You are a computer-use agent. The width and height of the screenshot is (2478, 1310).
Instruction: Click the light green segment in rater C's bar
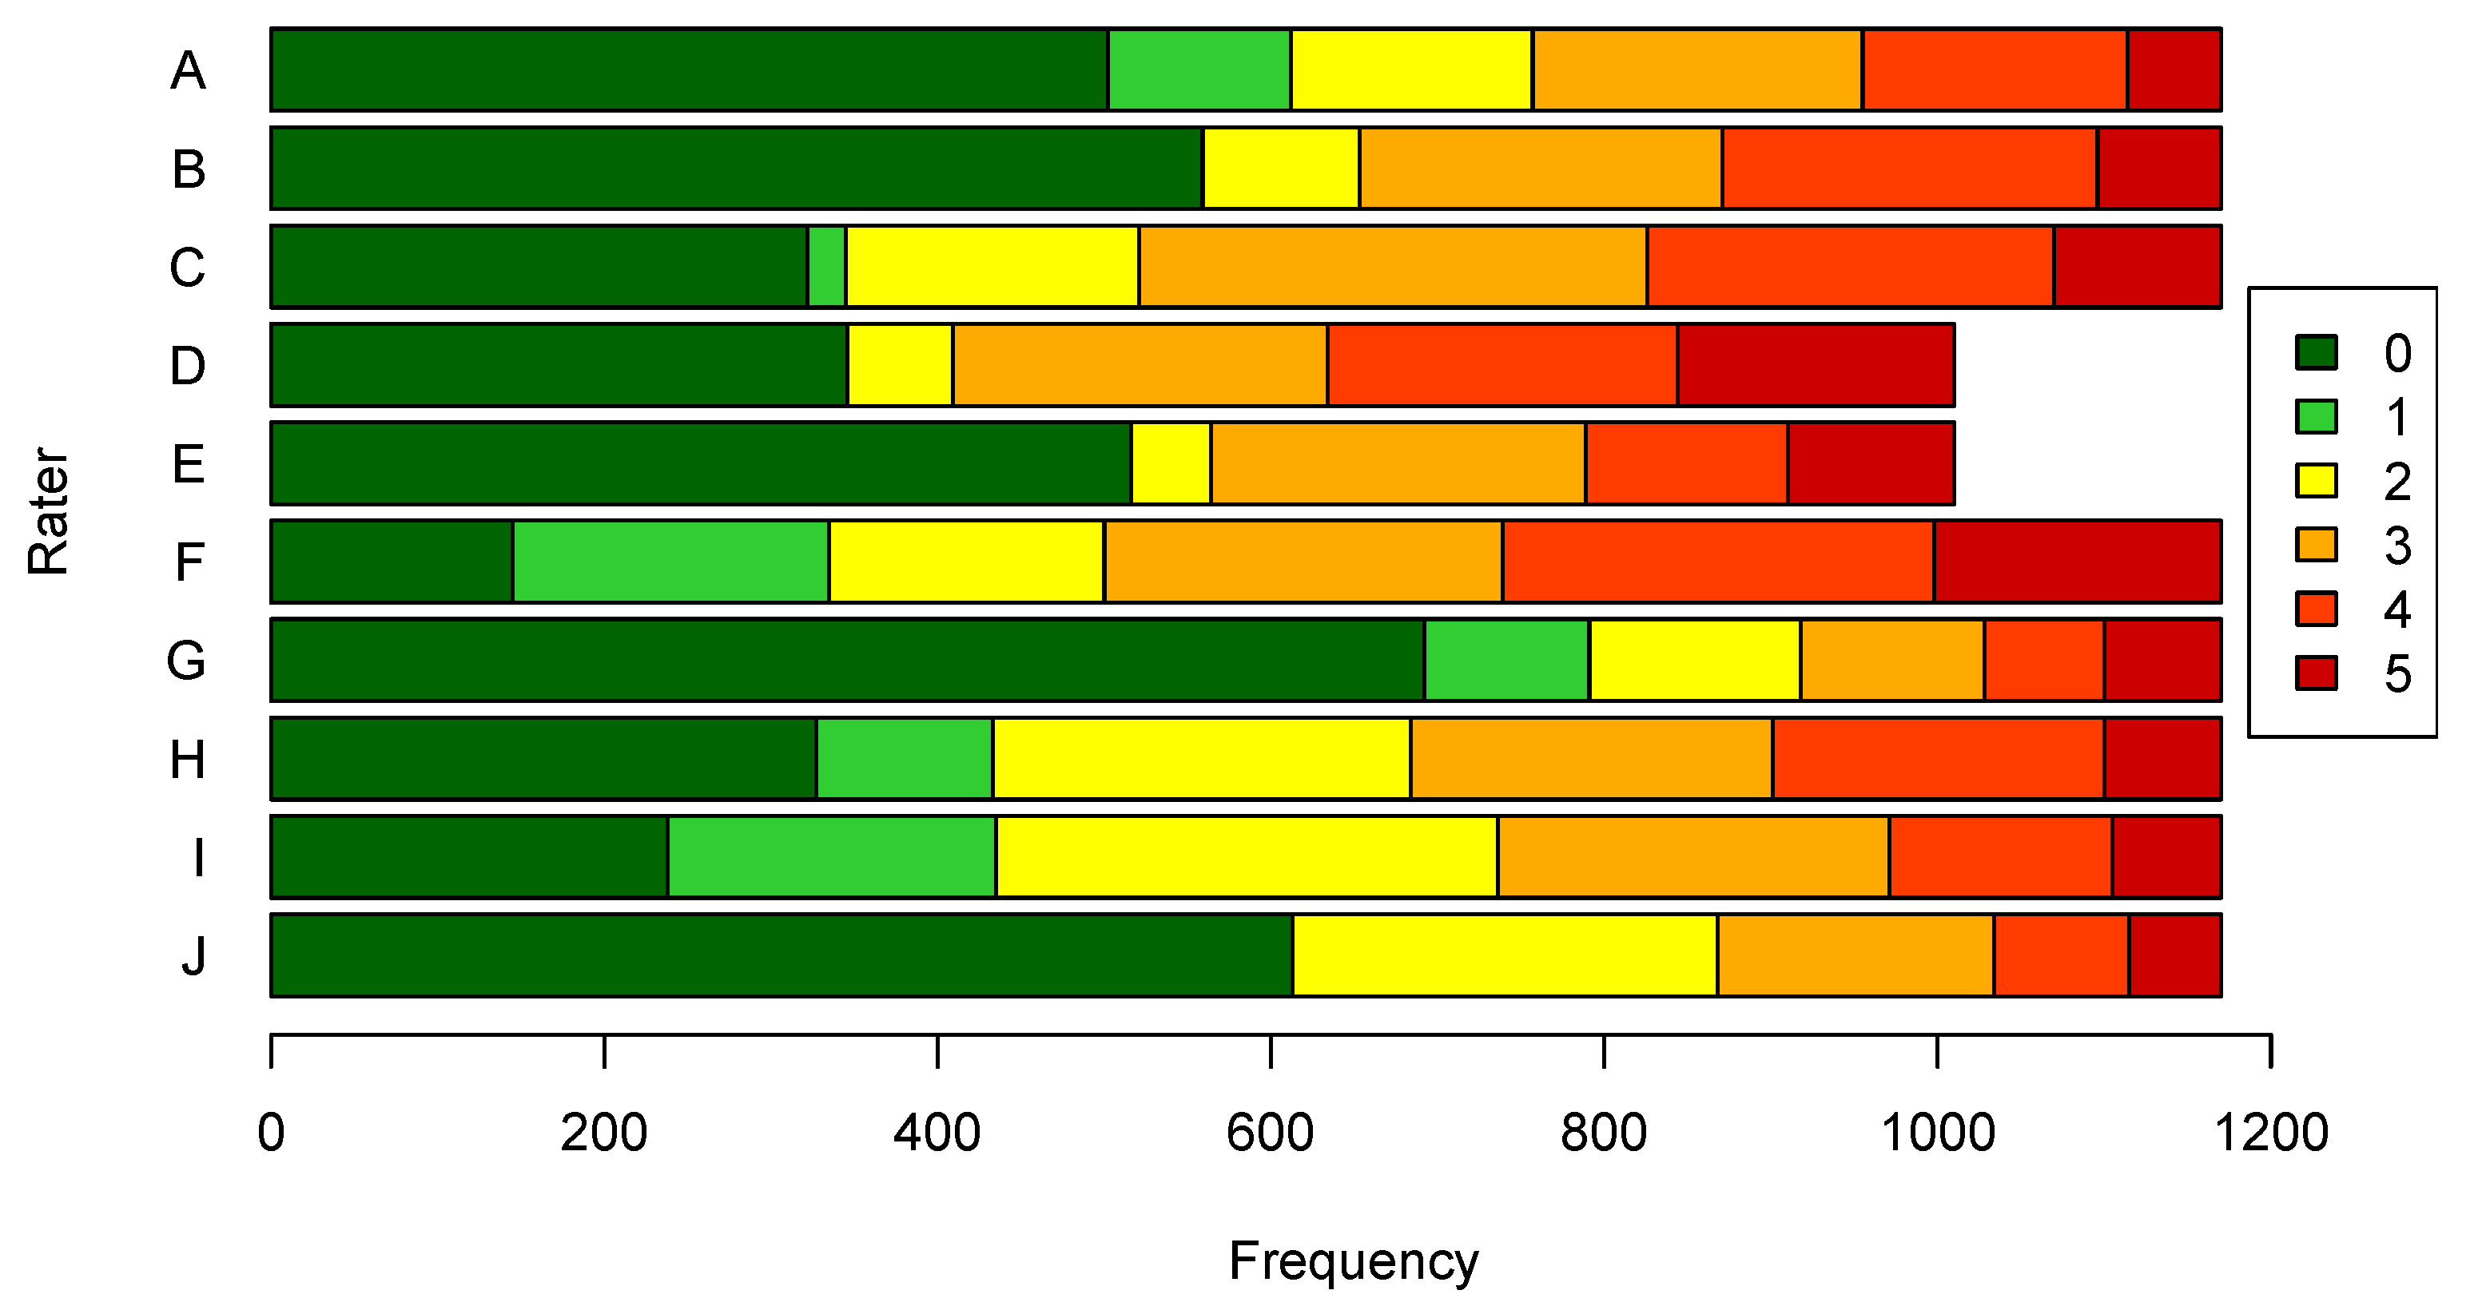(x=826, y=267)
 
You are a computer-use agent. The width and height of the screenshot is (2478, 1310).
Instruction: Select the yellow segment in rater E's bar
(x=1171, y=462)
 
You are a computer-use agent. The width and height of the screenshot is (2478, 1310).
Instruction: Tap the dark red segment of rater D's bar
(x=1816, y=364)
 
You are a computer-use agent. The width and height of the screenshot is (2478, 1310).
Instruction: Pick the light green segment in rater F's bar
(x=670, y=562)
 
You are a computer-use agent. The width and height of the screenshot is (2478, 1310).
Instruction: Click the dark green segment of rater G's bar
(x=846, y=660)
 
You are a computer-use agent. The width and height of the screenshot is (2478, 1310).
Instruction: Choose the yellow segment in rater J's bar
(x=1505, y=955)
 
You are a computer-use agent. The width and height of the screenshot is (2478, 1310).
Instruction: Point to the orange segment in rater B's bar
(x=1540, y=168)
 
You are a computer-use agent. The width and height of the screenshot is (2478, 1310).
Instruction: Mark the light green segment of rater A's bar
(x=1199, y=69)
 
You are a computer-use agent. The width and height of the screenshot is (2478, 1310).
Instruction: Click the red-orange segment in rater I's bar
(x=2000, y=856)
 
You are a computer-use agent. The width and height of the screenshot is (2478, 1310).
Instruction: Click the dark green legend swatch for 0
(x=2316, y=352)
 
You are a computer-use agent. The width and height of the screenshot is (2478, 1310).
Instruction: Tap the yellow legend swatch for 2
(x=2316, y=480)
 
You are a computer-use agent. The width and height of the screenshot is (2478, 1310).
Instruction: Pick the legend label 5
(x=2397, y=673)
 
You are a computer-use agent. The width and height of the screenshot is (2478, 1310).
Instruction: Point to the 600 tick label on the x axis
(x=1270, y=1132)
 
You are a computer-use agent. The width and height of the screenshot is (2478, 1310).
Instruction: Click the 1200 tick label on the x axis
(x=2270, y=1132)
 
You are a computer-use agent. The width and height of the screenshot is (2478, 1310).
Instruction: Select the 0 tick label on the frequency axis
(x=271, y=1132)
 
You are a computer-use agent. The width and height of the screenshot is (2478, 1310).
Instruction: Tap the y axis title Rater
(x=48, y=512)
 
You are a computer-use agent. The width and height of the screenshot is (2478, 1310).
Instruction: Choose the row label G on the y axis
(x=187, y=660)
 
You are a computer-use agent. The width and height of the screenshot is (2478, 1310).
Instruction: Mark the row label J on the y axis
(x=193, y=955)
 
